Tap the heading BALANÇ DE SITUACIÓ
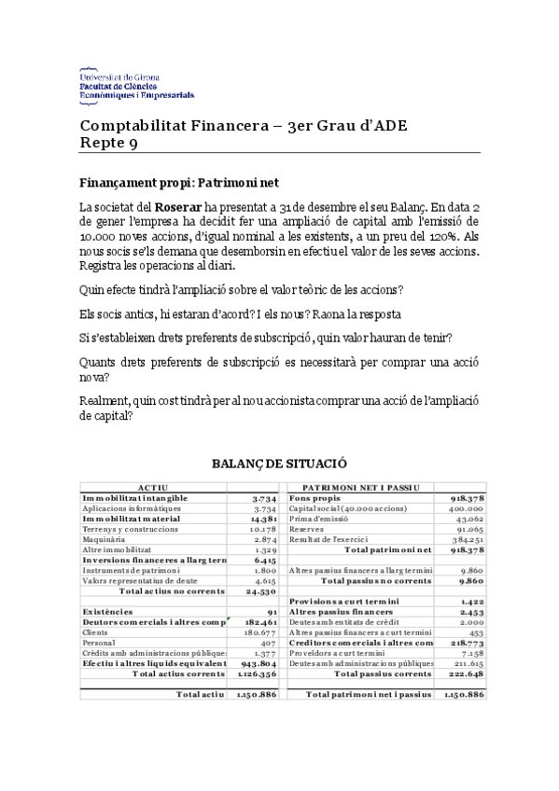pos(279,464)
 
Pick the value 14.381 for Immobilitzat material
pos(265,519)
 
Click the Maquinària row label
pos(103,540)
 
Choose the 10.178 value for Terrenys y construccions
pos(265,530)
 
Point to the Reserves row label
pos(306,530)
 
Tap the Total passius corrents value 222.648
pos(463,673)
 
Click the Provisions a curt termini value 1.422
pos(470,602)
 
